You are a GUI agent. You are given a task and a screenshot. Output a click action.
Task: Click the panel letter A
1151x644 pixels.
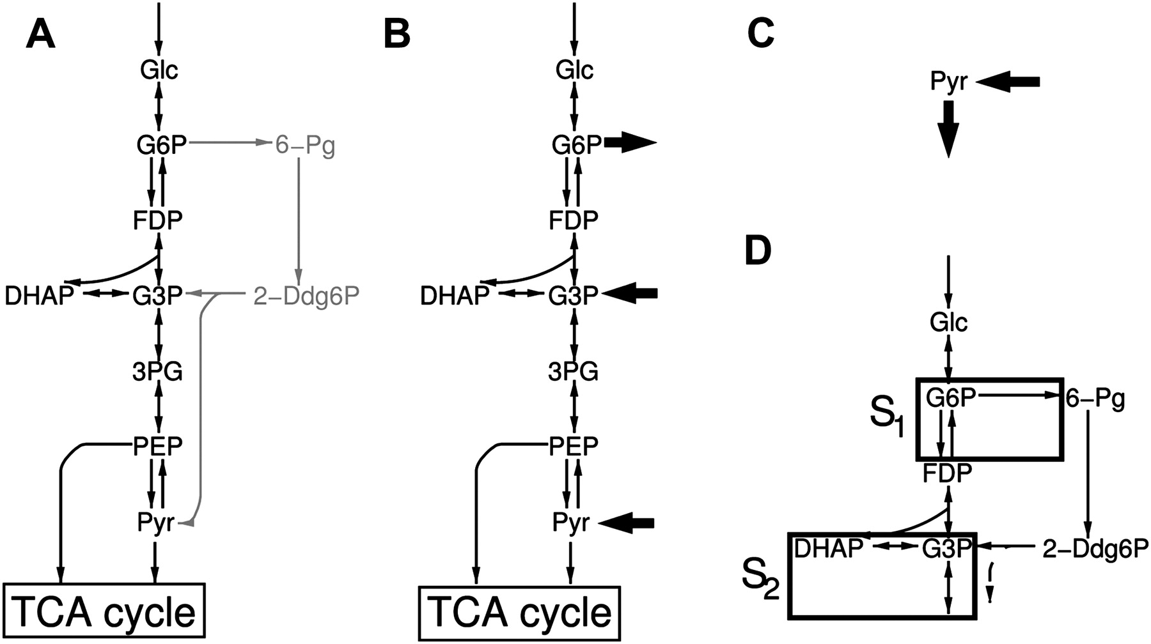(x=40, y=34)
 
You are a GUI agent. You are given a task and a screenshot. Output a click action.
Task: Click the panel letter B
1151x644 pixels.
(x=396, y=34)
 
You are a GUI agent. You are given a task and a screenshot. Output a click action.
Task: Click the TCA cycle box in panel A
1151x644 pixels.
(x=104, y=611)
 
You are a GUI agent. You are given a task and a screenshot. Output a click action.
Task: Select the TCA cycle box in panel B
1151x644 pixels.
(x=519, y=611)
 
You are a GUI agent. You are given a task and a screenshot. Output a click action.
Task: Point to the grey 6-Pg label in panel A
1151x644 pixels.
(x=305, y=146)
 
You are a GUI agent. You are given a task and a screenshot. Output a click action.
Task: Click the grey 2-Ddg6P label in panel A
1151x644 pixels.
(x=306, y=296)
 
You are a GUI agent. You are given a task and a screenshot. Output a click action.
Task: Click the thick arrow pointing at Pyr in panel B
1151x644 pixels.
(x=629, y=523)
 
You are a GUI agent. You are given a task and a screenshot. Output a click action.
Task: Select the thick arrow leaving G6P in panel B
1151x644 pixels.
(x=630, y=144)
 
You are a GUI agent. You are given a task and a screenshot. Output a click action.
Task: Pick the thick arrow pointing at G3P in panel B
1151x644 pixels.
(x=630, y=293)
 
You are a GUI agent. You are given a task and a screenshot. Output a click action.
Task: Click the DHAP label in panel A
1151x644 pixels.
(x=39, y=296)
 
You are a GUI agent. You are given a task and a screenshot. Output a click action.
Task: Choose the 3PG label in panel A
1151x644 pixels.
(x=157, y=371)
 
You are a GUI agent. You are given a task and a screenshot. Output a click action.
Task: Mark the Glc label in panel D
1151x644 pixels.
(x=948, y=323)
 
